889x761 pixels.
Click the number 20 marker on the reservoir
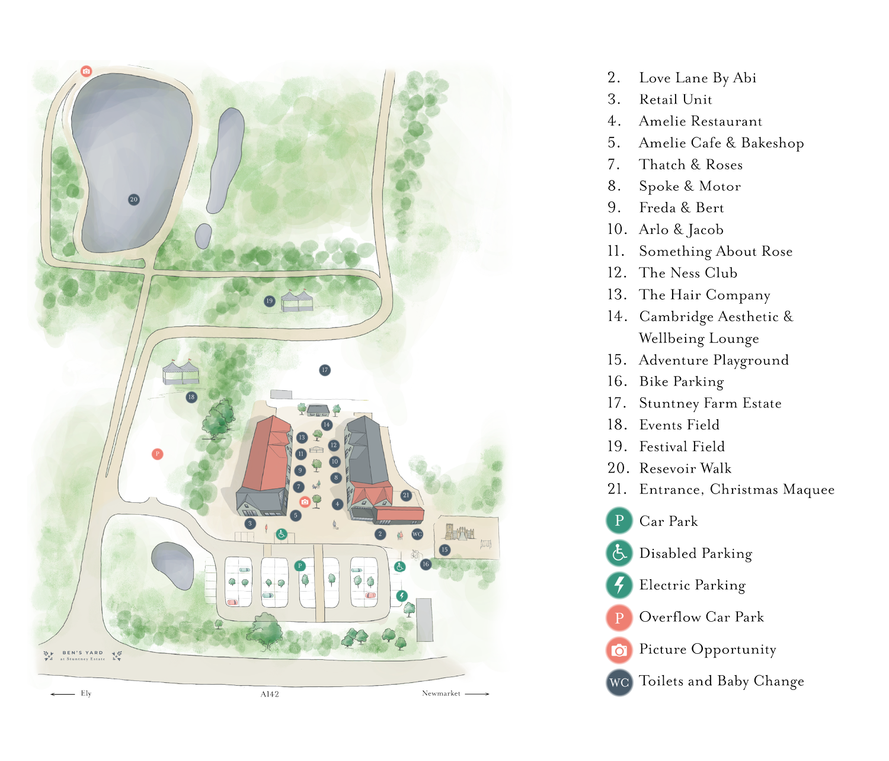tap(133, 200)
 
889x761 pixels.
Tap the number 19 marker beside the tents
tap(269, 301)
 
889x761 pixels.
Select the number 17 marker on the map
tap(324, 370)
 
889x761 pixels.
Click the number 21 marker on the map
tap(406, 495)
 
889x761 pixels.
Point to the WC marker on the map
tap(417, 534)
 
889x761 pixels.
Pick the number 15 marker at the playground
tap(444, 550)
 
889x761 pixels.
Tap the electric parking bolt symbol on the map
tap(402, 595)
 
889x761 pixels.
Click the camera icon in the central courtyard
tap(305, 502)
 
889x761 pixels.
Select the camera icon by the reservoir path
tap(87, 71)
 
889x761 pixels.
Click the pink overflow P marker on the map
tap(157, 454)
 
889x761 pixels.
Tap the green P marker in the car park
tap(300, 566)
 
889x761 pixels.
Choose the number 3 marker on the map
tap(250, 524)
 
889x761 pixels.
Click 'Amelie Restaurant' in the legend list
tap(700, 121)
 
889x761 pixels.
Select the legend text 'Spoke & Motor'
tap(689, 187)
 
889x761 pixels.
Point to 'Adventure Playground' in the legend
tap(713, 360)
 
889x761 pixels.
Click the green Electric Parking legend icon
tap(619, 585)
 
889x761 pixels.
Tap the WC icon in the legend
tap(619, 682)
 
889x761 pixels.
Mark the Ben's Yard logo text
tap(82, 655)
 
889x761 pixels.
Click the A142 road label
tap(270, 694)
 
